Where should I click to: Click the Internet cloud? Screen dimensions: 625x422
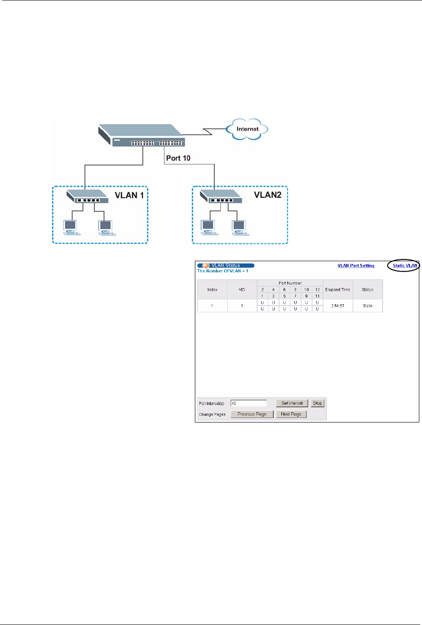click(247, 129)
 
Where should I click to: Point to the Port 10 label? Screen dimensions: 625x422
click(178, 158)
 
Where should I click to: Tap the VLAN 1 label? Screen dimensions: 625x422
click(129, 195)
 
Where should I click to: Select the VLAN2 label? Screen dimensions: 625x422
click(268, 195)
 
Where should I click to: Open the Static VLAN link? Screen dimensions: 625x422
click(405, 266)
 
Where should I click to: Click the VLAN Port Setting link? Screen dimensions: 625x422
click(356, 266)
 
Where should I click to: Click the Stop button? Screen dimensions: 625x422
click(317, 403)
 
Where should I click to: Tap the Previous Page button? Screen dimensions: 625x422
click(252, 414)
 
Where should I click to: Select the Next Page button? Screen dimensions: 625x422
click(291, 414)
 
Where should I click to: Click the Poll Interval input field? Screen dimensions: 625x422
click(249, 403)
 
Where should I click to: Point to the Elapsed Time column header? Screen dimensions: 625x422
click(338, 289)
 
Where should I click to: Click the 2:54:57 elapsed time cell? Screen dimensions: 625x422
click(338, 306)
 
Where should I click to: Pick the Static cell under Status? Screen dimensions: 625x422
click(368, 306)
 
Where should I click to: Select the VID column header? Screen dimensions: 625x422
click(242, 289)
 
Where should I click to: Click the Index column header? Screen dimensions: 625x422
click(212, 289)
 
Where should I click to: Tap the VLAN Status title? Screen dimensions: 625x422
click(226, 266)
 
